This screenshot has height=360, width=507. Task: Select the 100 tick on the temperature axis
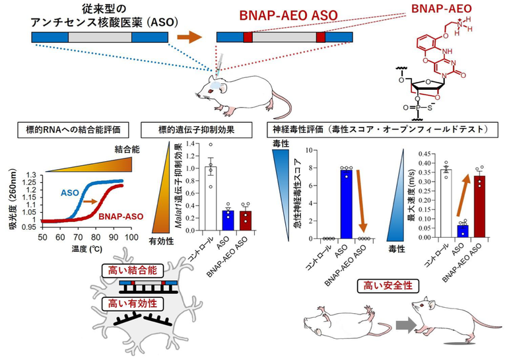coord(130,236)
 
